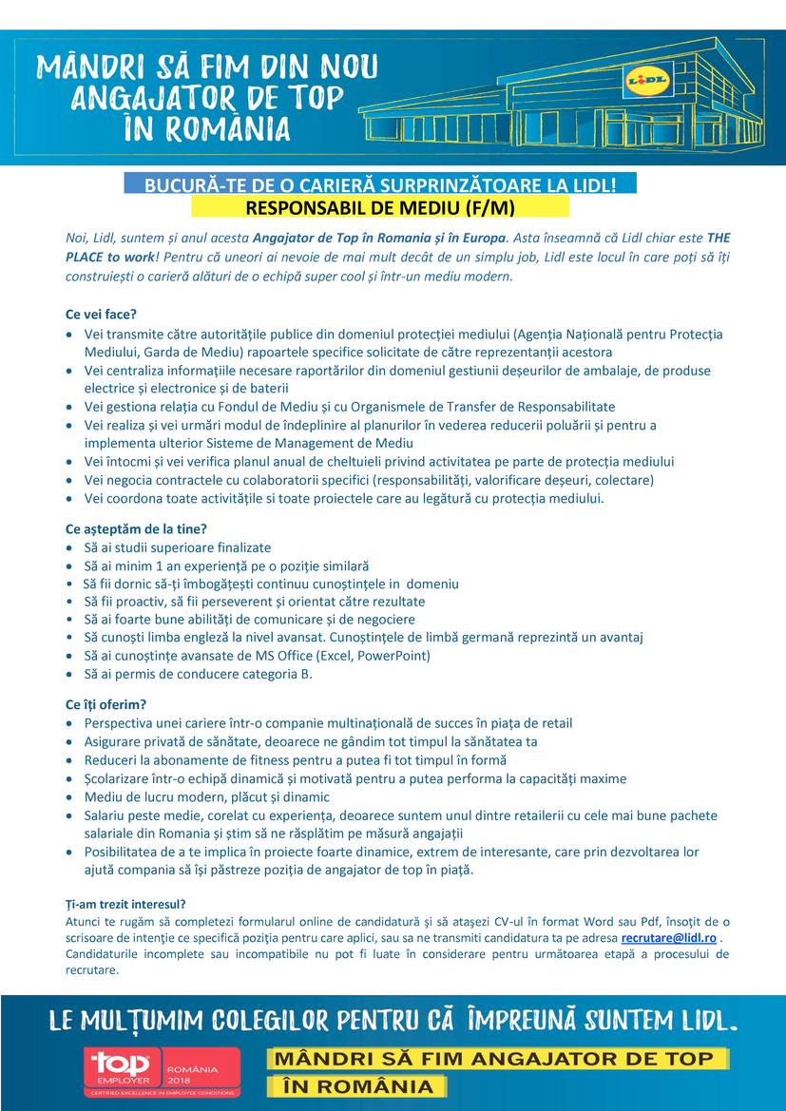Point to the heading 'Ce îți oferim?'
tap(105, 704)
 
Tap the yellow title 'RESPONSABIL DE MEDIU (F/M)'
tap(380, 207)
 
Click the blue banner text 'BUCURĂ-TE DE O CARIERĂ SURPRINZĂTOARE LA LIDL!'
tap(380, 185)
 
